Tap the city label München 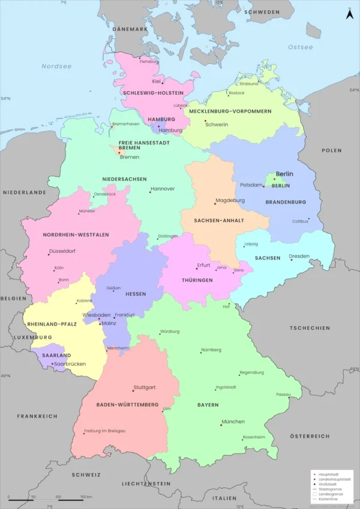point(233,421)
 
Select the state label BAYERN point(208,405)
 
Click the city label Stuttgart point(145,387)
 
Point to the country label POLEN point(331,150)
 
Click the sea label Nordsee point(56,66)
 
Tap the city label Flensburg point(149,61)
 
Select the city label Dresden point(299,256)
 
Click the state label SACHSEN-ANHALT point(219,221)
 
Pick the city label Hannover point(163,188)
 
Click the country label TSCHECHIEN point(310,328)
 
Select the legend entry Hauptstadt point(327,474)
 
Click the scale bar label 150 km point(85,497)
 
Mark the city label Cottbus point(301,221)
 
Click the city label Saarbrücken point(70,364)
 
